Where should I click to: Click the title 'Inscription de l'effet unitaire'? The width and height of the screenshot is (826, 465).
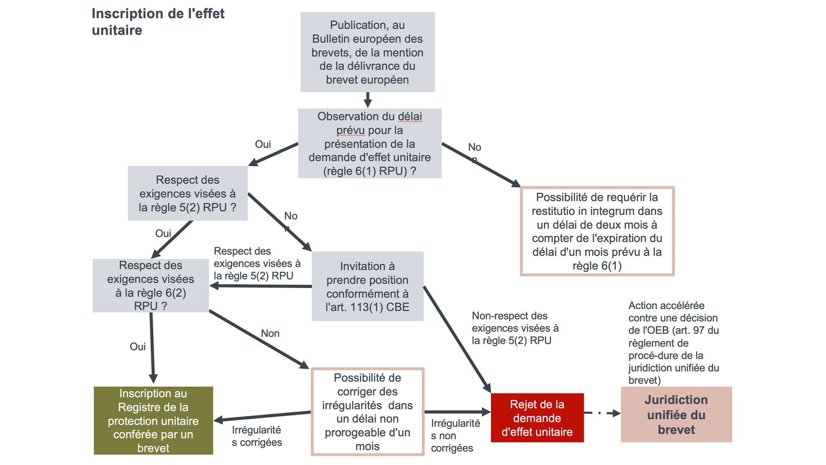158,22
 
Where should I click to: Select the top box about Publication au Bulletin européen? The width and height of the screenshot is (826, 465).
367,52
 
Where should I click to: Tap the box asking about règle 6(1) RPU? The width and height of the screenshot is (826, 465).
370,143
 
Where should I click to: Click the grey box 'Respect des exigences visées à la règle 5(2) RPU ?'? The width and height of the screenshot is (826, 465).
188,193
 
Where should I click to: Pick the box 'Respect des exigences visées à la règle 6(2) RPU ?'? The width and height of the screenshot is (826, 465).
151,285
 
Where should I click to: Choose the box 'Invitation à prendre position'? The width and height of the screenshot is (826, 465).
367,286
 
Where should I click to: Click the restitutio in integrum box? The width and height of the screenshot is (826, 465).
597,231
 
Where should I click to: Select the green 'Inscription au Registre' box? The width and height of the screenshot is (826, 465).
153,420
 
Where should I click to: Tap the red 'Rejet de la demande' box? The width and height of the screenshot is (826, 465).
537,418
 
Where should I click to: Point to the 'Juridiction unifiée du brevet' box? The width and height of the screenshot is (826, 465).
676,414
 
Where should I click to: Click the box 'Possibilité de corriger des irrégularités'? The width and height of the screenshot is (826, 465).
367,412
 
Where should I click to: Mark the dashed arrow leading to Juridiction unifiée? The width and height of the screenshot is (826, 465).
602,413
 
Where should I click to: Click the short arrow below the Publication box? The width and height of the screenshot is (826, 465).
367,100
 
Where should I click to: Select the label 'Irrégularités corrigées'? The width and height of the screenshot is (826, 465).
257,436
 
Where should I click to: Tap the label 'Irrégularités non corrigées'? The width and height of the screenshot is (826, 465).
455,435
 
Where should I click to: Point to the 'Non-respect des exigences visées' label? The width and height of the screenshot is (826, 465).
515,328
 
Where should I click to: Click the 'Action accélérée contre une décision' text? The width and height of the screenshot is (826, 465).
673,343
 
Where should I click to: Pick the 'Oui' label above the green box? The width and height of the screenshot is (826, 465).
138,347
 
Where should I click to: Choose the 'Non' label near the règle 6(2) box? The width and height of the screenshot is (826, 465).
270,333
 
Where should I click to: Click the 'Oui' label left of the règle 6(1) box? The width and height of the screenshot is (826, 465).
263,144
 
